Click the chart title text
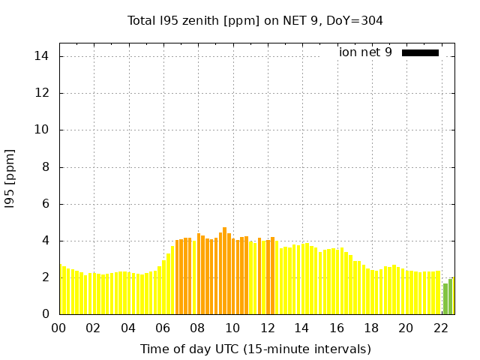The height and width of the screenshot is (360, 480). tap(255, 20)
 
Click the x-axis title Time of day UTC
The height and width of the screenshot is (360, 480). tap(255, 349)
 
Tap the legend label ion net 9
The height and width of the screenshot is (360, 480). tap(365, 52)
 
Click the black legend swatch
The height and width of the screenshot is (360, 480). tap(420, 52)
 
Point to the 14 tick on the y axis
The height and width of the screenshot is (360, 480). tap(42, 56)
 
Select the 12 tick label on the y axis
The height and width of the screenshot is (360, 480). tap(42, 93)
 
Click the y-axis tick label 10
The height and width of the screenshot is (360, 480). tap(42, 130)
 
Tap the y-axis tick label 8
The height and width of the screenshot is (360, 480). tap(45, 166)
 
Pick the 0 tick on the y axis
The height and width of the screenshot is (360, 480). tap(45, 314)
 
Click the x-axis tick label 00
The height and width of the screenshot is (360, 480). tap(58, 328)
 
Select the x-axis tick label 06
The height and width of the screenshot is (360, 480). tap(163, 328)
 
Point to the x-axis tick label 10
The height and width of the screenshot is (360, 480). tap(232, 328)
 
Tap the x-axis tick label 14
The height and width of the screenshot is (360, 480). tap(301, 328)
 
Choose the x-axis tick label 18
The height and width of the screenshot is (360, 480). tap(371, 328)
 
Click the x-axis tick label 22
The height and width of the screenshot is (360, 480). tap(440, 328)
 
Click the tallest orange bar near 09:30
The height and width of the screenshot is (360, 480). tap(224, 270)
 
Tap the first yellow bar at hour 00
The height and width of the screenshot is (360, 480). tap(61, 289)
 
